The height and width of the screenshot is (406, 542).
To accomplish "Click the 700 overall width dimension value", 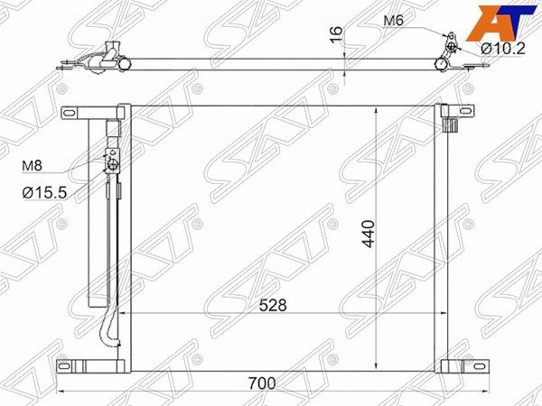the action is pyautogui.click(x=262, y=383).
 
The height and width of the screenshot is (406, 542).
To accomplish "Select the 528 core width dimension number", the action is pyautogui.click(x=273, y=305).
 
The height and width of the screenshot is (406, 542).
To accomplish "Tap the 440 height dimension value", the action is pyautogui.click(x=369, y=234).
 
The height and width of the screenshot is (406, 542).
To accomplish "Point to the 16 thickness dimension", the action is pyautogui.click(x=336, y=34).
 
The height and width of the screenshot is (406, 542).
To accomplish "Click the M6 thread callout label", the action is pyautogui.click(x=393, y=21).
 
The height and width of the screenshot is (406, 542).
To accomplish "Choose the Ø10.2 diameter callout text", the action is pyautogui.click(x=503, y=49).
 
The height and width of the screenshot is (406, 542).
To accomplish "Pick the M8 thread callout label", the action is pyautogui.click(x=32, y=166).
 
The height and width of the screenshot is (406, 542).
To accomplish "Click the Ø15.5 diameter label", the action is pyautogui.click(x=44, y=193).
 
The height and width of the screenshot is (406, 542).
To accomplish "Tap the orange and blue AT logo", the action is pyautogui.click(x=502, y=23).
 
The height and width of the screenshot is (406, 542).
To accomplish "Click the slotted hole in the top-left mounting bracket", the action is pyautogui.click(x=70, y=113).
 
